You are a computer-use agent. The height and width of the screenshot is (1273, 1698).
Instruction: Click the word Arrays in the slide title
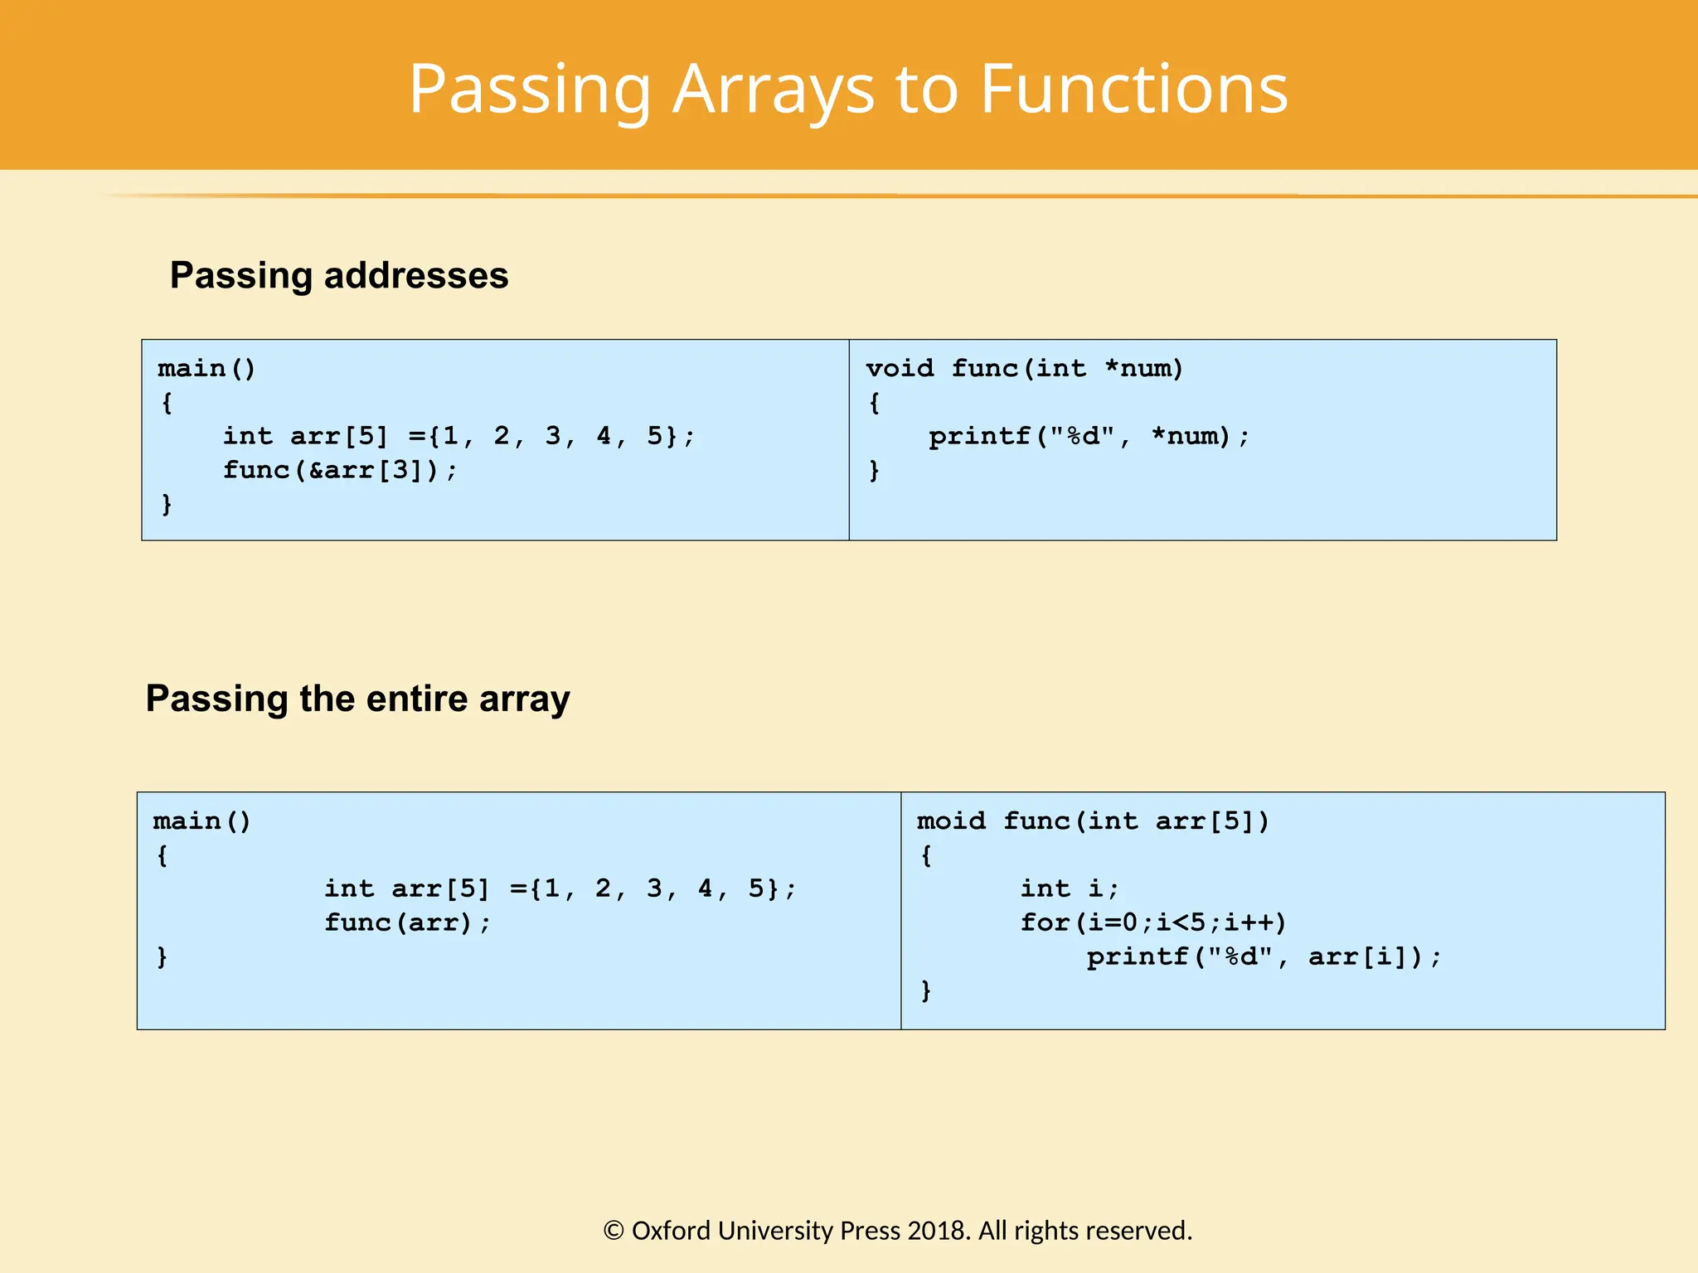pyautogui.click(x=773, y=89)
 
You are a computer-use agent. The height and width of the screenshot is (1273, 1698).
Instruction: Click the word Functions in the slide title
pyautogui.click(x=1133, y=89)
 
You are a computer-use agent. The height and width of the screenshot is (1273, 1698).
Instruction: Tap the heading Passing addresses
pyautogui.click(x=339, y=275)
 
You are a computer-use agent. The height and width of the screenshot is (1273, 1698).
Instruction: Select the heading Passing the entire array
pyautogui.click(x=357, y=699)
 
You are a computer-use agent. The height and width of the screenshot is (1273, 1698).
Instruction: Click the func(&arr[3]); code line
pyautogui.click(x=340, y=470)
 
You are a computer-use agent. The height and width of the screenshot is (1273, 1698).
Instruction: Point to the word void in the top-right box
pyautogui.click(x=900, y=368)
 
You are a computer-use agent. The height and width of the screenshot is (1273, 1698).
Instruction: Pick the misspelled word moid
pyautogui.click(x=951, y=821)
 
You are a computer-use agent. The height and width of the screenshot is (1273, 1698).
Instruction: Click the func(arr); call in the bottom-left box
pyautogui.click(x=407, y=922)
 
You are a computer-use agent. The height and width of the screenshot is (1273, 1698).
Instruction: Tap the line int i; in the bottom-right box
pyautogui.click(x=1069, y=888)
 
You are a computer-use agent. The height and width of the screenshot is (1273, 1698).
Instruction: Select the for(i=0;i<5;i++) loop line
pyautogui.click(x=1152, y=922)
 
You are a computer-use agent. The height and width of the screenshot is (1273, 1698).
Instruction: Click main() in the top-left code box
pyautogui.click(x=206, y=368)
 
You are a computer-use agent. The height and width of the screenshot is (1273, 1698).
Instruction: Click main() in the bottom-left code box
pyautogui.click(x=201, y=821)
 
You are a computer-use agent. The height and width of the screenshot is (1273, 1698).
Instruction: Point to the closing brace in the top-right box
pyautogui.click(x=873, y=471)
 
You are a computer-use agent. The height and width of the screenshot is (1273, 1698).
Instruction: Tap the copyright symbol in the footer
pyautogui.click(x=614, y=1231)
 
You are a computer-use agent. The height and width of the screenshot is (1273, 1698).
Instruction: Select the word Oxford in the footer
pyautogui.click(x=671, y=1231)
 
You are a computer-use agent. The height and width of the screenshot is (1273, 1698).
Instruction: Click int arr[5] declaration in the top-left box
pyautogui.click(x=305, y=436)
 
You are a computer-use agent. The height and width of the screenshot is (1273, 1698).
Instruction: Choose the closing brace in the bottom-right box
pyautogui.click(x=925, y=990)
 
